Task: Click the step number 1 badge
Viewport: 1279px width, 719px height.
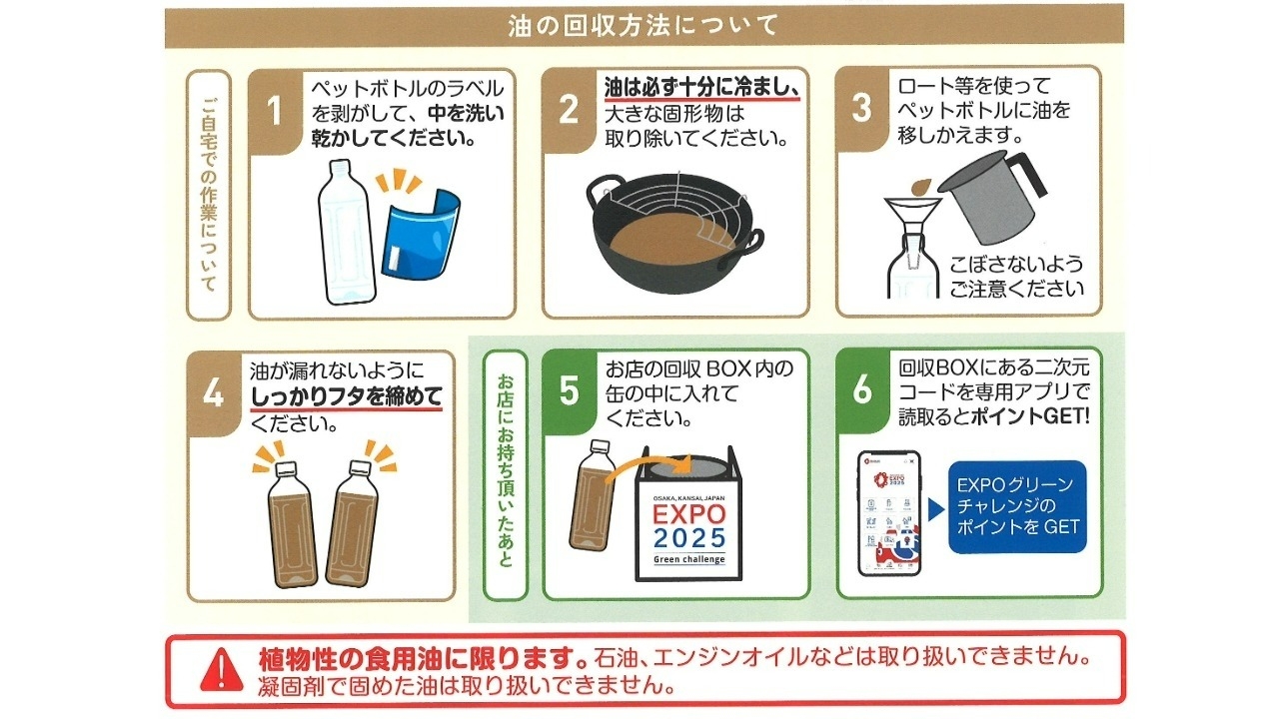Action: (275, 112)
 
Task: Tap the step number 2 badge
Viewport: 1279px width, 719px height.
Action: (569, 110)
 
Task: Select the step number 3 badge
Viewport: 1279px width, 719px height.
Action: (862, 108)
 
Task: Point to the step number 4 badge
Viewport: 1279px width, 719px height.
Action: (214, 393)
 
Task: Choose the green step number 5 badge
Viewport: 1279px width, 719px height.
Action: (569, 390)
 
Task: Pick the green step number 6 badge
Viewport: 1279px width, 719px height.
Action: (862, 389)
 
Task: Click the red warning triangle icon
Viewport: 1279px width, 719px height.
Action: (222, 669)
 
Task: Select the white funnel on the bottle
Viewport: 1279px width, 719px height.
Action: (912, 220)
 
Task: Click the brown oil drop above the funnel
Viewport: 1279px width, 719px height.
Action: (920, 186)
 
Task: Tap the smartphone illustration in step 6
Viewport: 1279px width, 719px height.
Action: (889, 513)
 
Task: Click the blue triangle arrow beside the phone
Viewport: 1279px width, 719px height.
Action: (936, 509)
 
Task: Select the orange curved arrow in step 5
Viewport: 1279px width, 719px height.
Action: (648, 469)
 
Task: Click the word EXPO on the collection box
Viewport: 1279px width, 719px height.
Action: (689, 514)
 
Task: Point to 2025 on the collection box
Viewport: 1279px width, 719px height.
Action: (689, 538)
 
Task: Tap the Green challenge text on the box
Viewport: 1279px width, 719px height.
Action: (689, 560)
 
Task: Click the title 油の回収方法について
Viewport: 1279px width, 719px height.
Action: (643, 26)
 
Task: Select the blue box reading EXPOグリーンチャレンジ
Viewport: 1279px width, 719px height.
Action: (1017, 506)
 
